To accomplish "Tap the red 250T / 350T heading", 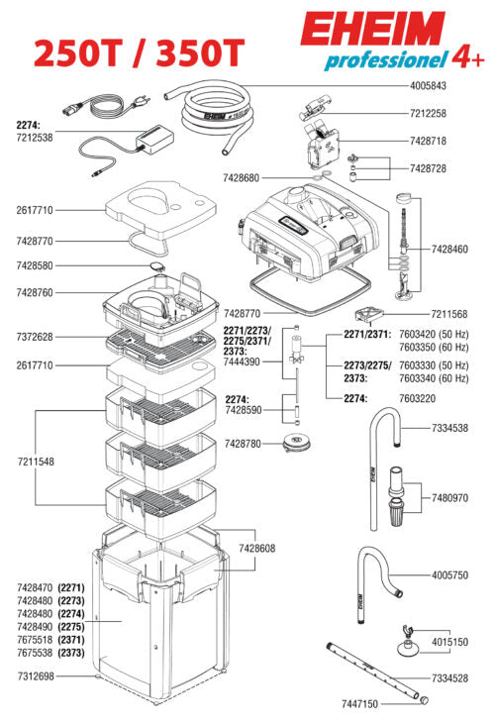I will click(139, 51).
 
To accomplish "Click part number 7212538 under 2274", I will click(36, 138).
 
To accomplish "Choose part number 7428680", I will click(244, 178).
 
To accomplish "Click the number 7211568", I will click(450, 314).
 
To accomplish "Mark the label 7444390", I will click(243, 362).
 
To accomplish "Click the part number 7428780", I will click(244, 443).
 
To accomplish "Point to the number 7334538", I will click(450, 428).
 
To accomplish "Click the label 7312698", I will click(36, 676).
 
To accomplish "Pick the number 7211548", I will click(36, 463).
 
